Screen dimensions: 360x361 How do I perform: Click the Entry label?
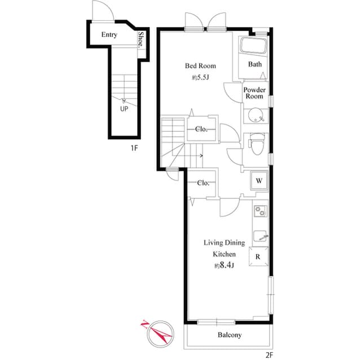click(109, 35)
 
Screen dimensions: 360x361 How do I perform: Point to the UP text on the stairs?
click(124, 109)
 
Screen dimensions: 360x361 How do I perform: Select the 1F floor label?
click(134, 148)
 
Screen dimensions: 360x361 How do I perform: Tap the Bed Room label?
click(200, 66)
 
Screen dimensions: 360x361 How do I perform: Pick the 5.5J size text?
click(201, 78)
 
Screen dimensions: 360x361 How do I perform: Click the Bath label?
click(256, 64)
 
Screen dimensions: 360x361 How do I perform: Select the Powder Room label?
click(254, 93)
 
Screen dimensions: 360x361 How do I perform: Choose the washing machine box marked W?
click(259, 181)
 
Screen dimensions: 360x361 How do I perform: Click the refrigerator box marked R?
click(258, 256)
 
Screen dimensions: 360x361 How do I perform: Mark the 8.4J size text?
click(224, 265)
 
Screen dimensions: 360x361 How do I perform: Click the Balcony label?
click(230, 335)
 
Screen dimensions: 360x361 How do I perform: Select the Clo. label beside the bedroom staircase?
click(201, 129)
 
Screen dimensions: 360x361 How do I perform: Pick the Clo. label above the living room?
click(204, 183)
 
